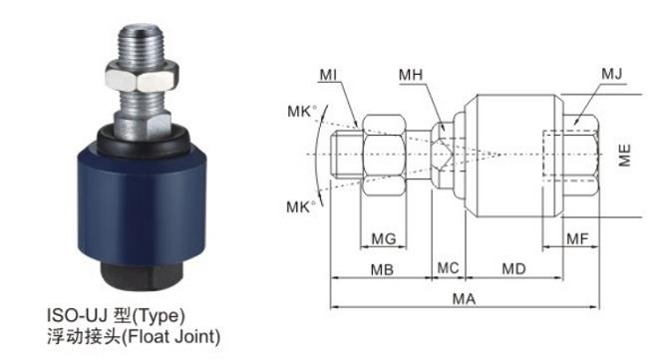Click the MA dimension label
(x=464, y=298)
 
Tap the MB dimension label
(x=382, y=270)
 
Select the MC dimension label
(x=448, y=268)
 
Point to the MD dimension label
(x=513, y=269)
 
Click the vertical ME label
(x=624, y=155)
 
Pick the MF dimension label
(x=577, y=238)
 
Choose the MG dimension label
(x=384, y=238)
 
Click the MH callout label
(x=411, y=75)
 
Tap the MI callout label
(x=328, y=75)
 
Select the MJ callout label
(x=612, y=74)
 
